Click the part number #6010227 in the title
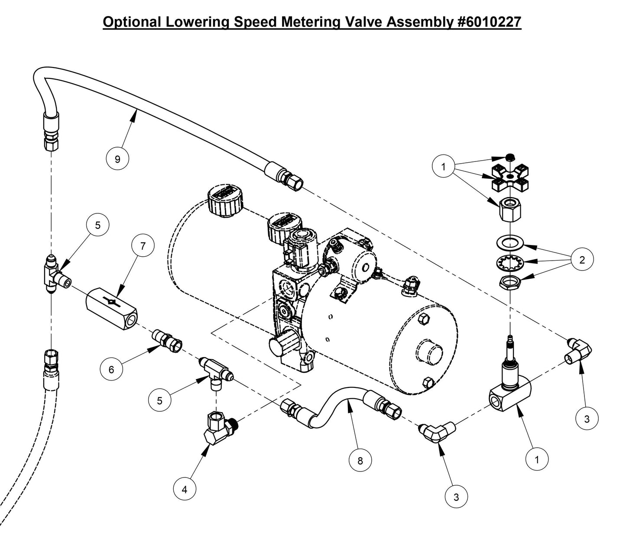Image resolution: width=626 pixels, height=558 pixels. [489, 22]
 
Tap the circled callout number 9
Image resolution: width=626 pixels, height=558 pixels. [117, 159]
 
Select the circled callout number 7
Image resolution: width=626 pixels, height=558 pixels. [143, 246]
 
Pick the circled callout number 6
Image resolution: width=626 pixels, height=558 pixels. [111, 369]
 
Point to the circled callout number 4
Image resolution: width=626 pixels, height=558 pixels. [185, 490]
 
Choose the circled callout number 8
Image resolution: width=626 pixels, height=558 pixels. [360, 461]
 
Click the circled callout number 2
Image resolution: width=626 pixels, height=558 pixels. [582, 260]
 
